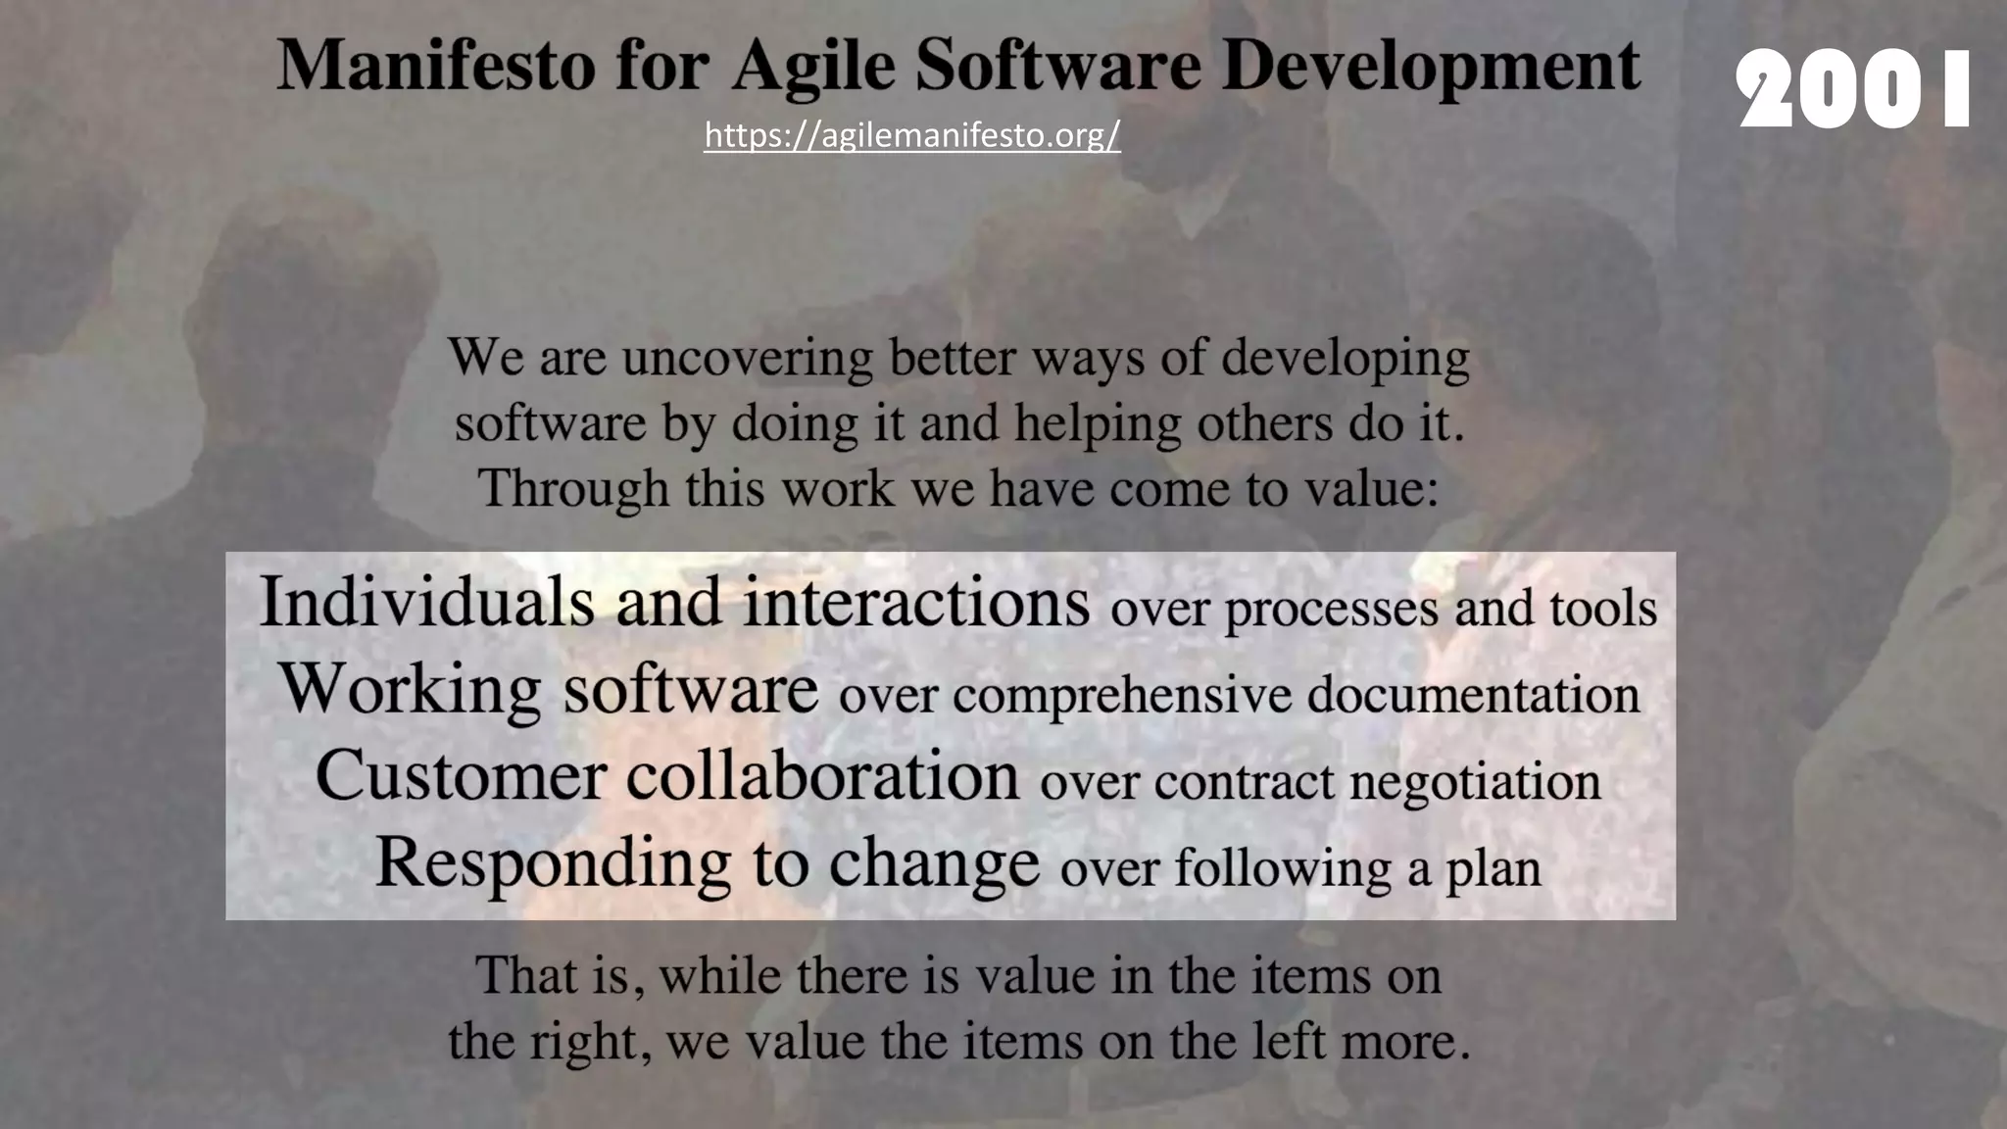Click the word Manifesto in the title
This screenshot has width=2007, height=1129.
click(x=436, y=66)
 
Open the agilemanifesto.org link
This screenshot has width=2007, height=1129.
click(x=911, y=135)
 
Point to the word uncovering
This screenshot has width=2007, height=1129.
click(x=747, y=358)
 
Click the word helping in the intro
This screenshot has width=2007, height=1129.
click(x=1098, y=424)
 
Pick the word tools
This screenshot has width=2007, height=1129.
click(x=1603, y=609)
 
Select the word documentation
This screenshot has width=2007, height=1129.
click(x=1473, y=695)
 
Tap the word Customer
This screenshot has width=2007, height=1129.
click(x=461, y=775)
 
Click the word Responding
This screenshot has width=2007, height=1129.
click(x=553, y=862)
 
